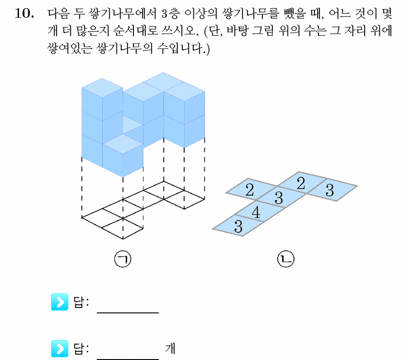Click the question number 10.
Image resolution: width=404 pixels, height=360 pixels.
tap(24, 13)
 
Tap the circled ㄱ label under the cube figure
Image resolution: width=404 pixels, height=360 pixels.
tap(122, 259)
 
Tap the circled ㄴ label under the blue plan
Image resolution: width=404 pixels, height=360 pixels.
tap(286, 259)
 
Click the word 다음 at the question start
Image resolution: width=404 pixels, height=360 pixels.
tap(58, 13)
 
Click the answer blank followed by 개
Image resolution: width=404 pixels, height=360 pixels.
tap(128, 359)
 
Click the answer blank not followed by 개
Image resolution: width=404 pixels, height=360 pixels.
tap(128, 312)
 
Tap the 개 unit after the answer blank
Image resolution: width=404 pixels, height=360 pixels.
tap(170, 349)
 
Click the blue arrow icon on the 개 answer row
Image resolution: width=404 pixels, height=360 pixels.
tap(60, 349)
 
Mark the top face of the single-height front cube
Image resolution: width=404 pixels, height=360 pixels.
tap(123, 144)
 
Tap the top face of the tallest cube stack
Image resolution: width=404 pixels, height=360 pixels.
tap(102, 88)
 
